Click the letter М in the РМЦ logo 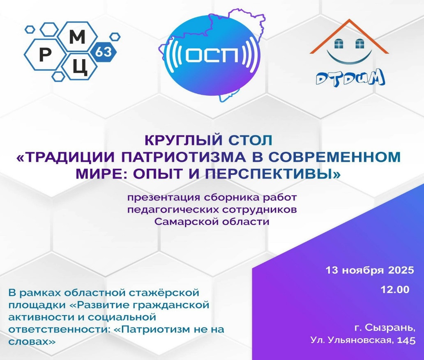point(77,37)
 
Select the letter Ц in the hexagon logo point(80,67)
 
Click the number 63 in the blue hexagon point(103,52)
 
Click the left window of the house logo point(339,44)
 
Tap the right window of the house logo point(359,44)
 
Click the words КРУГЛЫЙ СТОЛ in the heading point(208,140)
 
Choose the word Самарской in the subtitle point(186,222)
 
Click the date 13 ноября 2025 point(370,270)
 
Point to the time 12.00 point(395,289)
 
